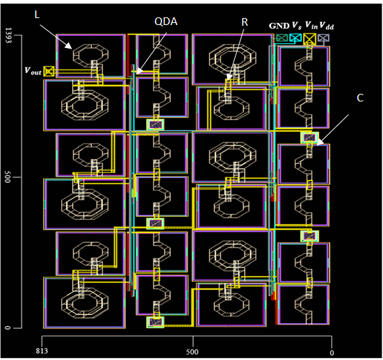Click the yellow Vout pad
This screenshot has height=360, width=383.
pos(49,72)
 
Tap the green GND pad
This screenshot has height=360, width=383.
pos(282,38)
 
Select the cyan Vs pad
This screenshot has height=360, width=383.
pos(295,38)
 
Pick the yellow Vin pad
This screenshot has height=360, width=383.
pos(309,39)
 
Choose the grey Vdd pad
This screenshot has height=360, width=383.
pos(324,38)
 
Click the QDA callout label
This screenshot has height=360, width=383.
pos(166,22)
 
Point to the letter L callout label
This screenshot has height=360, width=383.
pos(37,15)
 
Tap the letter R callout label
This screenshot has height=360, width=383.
pos(245,22)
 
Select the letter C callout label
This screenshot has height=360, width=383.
pos(360,98)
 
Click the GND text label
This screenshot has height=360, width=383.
pos(279,26)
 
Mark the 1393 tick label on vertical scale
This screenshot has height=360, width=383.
pos(8,35)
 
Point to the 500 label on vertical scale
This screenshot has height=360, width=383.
pos(8,177)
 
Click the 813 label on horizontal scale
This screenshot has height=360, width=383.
pos(42,351)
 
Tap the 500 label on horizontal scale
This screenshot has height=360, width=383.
pos(193,352)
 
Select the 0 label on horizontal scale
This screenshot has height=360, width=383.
pos(332,353)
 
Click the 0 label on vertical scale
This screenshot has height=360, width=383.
pos(8,327)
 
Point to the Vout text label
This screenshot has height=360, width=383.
pos(33,71)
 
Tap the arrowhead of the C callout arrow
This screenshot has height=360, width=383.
pos(320,143)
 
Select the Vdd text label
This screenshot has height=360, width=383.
pos(326,26)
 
